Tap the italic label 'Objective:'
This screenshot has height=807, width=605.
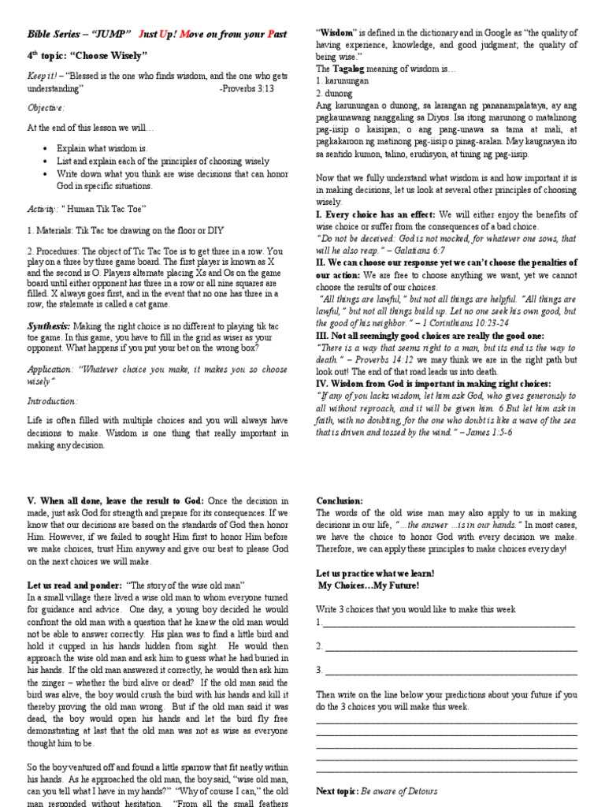[x=46, y=108]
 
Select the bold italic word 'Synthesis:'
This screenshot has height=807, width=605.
[x=49, y=325]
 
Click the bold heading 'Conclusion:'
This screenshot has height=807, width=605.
[x=340, y=501]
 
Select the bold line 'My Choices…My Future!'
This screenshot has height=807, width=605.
[x=369, y=586]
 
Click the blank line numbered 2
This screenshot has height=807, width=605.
[x=449, y=647]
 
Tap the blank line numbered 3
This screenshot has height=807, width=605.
[x=449, y=671]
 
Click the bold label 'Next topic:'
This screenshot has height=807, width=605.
[x=337, y=790]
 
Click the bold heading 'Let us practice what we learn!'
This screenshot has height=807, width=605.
[x=375, y=574]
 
